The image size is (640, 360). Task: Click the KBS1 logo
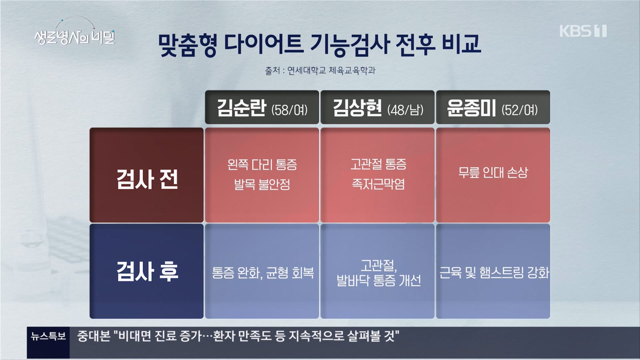(x=583, y=31)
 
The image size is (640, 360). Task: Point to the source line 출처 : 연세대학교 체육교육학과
(x=320, y=71)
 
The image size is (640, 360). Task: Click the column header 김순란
(x=242, y=108)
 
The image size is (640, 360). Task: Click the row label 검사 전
(x=147, y=179)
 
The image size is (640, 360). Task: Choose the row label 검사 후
(x=147, y=271)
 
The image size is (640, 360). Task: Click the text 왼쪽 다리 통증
(x=262, y=165)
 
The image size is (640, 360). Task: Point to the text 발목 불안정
(x=262, y=184)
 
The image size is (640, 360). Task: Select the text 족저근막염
(x=378, y=184)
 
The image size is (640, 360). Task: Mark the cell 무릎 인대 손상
(x=493, y=173)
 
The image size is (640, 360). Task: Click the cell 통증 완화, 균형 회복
(x=263, y=273)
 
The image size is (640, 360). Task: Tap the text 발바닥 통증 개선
(x=378, y=281)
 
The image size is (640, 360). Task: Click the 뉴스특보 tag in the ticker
(x=48, y=336)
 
